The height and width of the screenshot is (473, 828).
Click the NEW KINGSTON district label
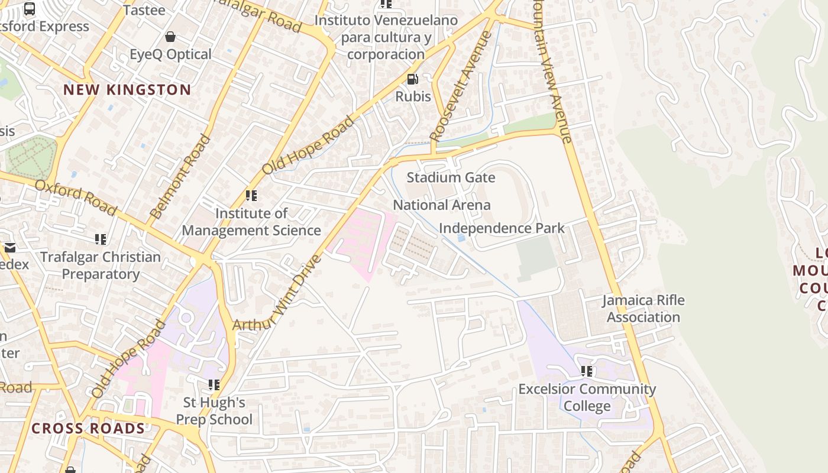coord(127,90)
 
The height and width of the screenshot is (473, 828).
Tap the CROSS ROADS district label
coord(88,429)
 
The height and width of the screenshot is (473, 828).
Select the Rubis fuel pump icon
coord(412,79)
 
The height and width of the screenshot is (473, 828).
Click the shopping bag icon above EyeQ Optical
coord(170,37)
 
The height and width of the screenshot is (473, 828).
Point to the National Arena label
coord(442,205)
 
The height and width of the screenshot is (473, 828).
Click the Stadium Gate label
coord(451,177)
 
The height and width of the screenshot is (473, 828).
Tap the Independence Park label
coord(502,228)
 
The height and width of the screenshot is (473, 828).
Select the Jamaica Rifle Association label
coord(643,309)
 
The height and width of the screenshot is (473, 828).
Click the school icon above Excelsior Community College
coord(586,371)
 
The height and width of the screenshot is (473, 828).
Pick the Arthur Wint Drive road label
coord(277,293)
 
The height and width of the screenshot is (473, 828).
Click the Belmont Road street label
coord(180,177)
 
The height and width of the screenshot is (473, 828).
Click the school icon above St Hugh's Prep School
coord(214,385)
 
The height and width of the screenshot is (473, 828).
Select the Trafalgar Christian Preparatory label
coord(101,265)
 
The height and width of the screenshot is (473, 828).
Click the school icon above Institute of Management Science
coord(251,196)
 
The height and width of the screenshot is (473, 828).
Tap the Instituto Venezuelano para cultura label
coord(386,37)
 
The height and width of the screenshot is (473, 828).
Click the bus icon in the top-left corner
coord(30,8)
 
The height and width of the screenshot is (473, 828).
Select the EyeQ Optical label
coord(170,54)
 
